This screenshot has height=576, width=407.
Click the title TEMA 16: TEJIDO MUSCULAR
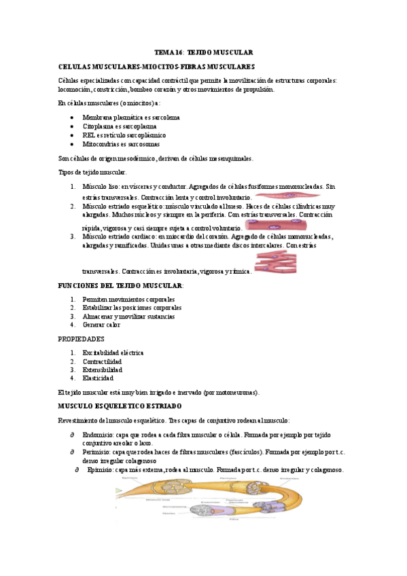203,52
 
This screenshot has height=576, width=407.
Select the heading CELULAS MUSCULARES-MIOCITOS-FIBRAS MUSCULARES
157,67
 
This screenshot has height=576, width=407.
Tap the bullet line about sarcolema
121,118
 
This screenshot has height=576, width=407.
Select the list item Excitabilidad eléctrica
113,353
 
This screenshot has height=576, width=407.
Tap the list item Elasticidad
101,379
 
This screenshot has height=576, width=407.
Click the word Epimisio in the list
96,469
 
